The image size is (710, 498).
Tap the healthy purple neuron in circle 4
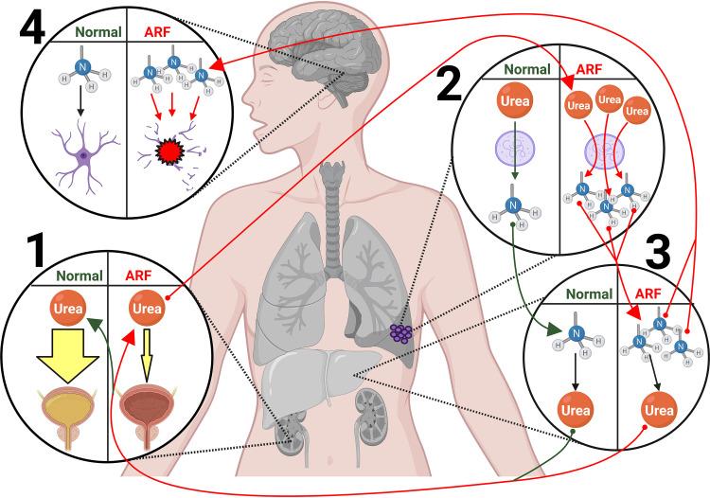click(85, 151)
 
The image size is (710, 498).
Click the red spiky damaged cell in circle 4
click(169, 153)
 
